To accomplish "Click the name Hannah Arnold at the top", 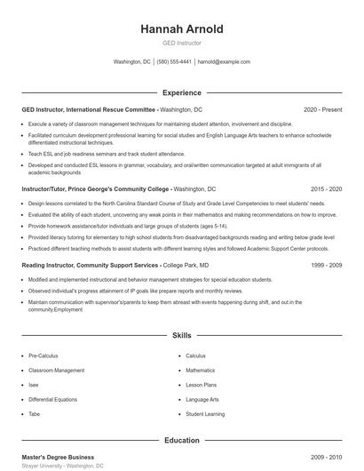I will pyautogui.click(x=181, y=29).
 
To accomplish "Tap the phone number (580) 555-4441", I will pyautogui.click(x=174, y=62).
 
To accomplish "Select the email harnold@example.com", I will pyautogui.click(x=224, y=62).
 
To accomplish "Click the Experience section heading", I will pyautogui.click(x=181, y=92).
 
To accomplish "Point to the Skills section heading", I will pyautogui.click(x=181, y=335).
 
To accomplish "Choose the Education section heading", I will pyautogui.click(x=181, y=440).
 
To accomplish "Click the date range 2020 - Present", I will pyautogui.click(x=322, y=109).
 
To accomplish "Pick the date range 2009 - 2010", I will pyautogui.click(x=326, y=457).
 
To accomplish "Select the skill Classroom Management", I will pyautogui.click(x=55, y=370).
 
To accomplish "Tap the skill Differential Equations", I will pyautogui.click(x=53, y=399).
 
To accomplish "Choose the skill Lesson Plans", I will pyautogui.click(x=202, y=385).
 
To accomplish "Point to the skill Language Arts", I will pyautogui.click(x=202, y=399).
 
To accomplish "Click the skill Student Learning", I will pyautogui.click(x=205, y=414).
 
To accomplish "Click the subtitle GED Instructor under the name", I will pyautogui.click(x=181, y=43).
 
